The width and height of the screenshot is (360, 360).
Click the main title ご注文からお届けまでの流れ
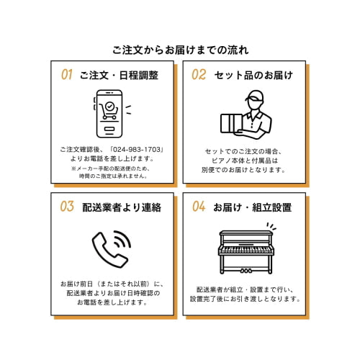coord(180,50)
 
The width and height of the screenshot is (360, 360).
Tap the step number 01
coord(67,74)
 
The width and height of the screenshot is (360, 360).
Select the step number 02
coord(199,74)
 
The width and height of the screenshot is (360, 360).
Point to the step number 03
coord(67,207)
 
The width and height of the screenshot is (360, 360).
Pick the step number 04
coord(199,207)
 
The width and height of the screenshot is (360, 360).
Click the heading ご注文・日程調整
coord(119,75)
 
